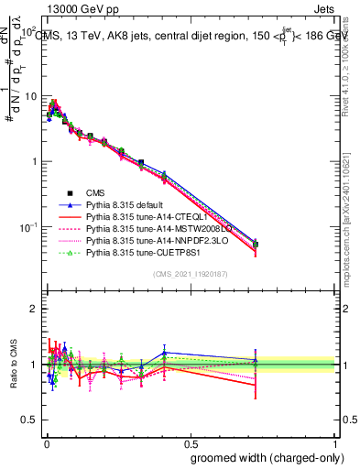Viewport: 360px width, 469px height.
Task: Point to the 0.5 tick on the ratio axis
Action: [x=27, y=420]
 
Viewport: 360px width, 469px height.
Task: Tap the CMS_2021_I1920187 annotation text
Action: [x=191, y=275]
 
